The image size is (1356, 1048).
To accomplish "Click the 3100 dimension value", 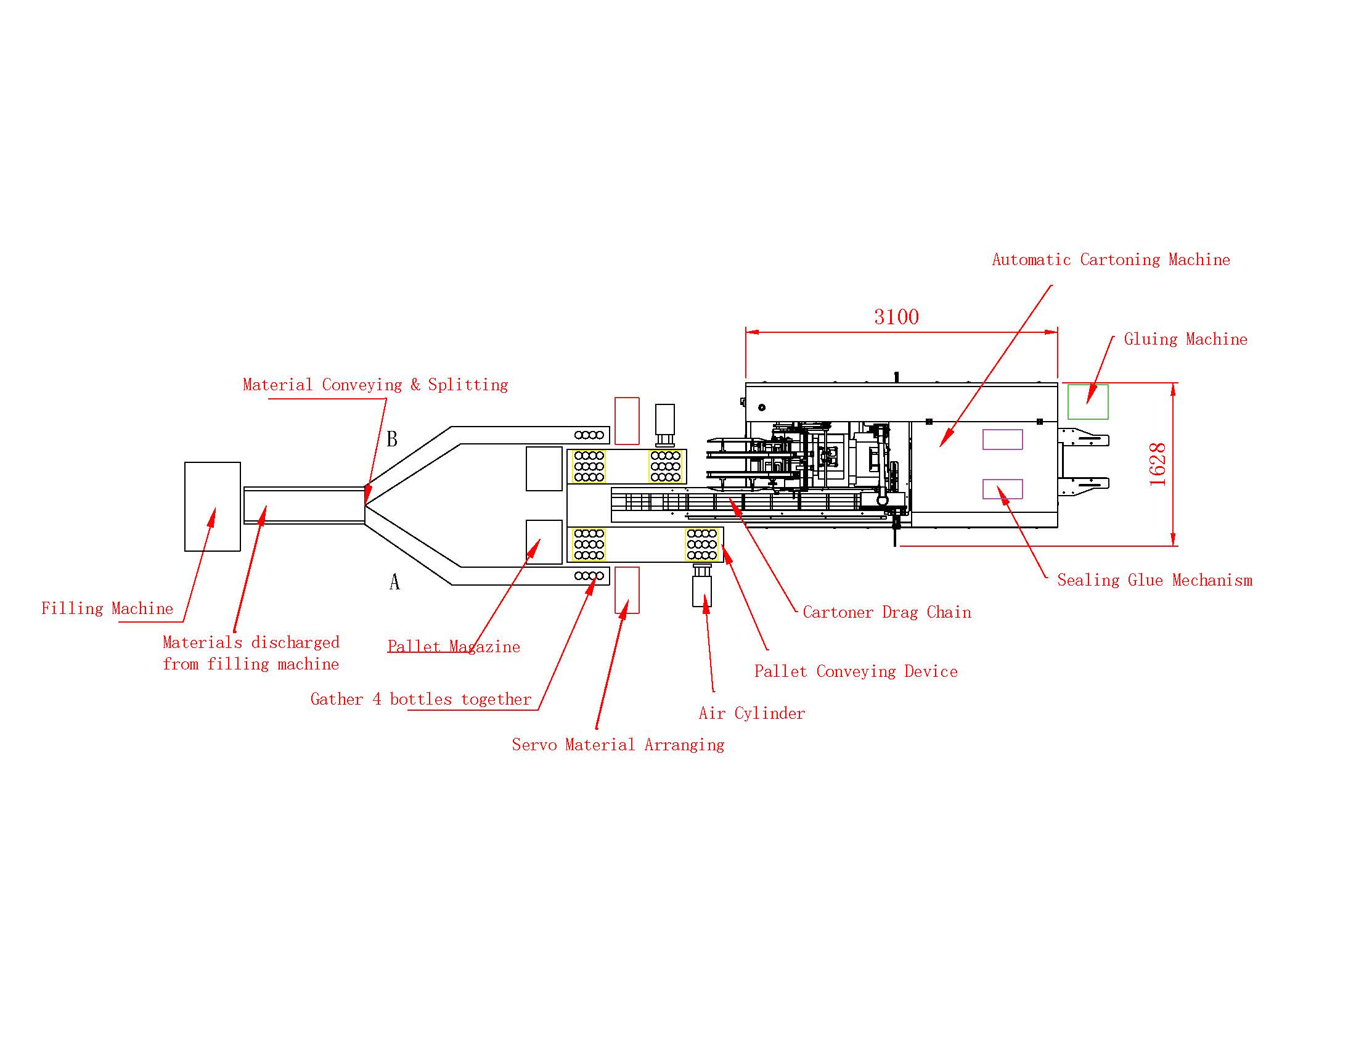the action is [x=896, y=317].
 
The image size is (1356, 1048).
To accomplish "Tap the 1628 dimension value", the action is [x=1158, y=464].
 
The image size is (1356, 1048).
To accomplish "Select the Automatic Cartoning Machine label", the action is [x=1111, y=260].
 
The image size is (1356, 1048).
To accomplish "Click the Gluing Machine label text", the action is [x=1185, y=339].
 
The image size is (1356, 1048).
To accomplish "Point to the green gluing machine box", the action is [x=1088, y=402].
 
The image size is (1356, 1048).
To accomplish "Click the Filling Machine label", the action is [x=107, y=608].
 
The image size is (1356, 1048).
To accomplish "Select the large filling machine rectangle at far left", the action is [x=213, y=507].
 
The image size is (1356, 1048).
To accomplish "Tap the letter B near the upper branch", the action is [x=392, y=439].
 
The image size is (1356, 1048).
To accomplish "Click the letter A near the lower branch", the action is [x=394, y=582].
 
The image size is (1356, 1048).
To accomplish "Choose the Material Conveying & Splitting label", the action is [x=375, y=385].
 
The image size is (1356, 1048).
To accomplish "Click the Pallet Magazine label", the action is [x=454, y=647].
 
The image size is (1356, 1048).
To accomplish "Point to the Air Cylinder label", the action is [x=752, y=713].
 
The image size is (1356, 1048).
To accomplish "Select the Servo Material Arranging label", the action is [x=618, y=745].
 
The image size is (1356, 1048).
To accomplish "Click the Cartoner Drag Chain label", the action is [x=886, y=612].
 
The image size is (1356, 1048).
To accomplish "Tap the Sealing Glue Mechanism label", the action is [x=1155, y=581].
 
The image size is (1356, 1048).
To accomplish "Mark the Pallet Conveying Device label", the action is [x=856, y=671].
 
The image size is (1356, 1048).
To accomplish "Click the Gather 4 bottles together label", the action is [x=421, y=699].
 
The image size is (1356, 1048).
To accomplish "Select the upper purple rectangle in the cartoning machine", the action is [x=1003, y=440].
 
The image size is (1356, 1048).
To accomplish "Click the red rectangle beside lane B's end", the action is [x=627, y=421].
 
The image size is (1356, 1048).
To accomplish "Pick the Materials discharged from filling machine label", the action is [x=251, y=653].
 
